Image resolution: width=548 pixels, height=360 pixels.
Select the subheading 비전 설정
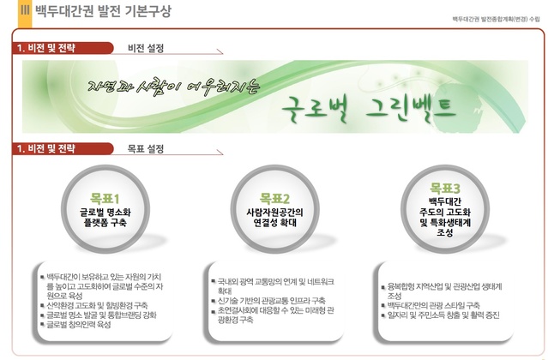[x=145, y=47]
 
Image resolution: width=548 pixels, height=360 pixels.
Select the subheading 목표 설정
[x=145, y=148]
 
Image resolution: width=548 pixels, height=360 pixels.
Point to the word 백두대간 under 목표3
[x=445, y=201]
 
